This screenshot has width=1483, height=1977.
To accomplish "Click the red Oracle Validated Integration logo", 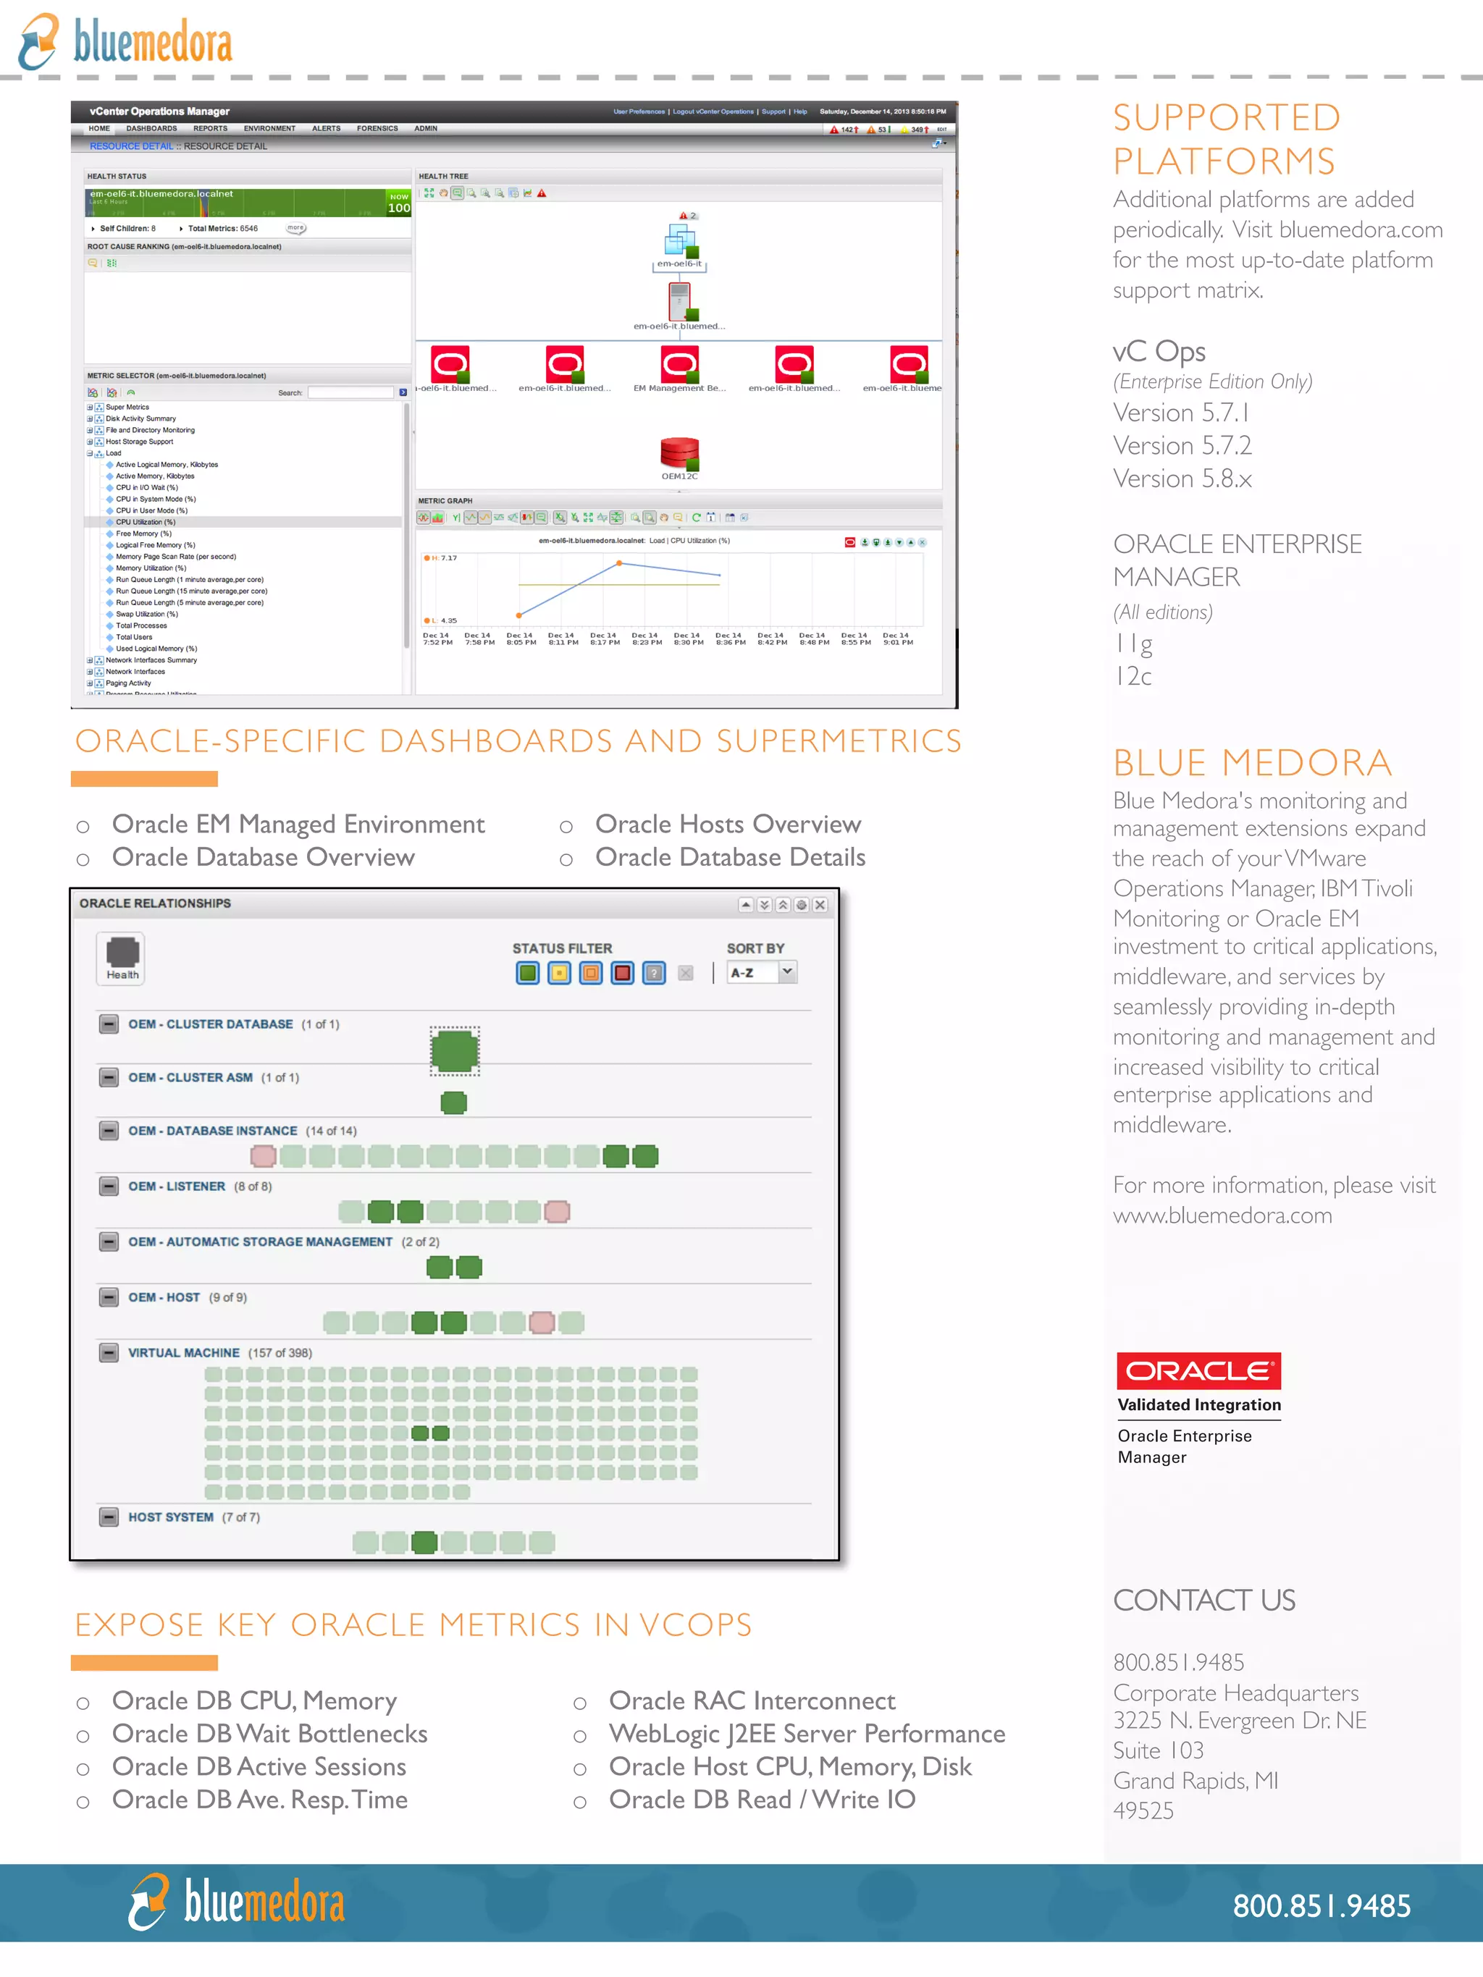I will pyautogui.click(x=1198, y=1370).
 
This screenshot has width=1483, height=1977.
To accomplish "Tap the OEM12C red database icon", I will pyautogui.click(x=679, y=453).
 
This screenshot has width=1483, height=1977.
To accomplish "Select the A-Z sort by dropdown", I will pyautogui.click(x=762, y=972).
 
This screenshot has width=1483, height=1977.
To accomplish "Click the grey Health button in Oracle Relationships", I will pyautogui.click(x=122, y=958).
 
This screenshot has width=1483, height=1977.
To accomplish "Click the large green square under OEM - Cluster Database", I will pyautogui.click(x=454, y=1050).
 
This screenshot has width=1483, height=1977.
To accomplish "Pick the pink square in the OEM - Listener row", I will pyautogui.click(x=557, y=1212).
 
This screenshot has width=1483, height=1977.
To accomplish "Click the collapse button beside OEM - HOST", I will pyautogui.click(x=109, y=1297).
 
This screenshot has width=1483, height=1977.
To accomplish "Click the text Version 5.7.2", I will pyautogui.click(x=1182, y=445).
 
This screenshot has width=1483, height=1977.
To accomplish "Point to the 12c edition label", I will pyautogui.click(x=1133, y=675).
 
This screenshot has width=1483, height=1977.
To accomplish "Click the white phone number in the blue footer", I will pyautogui.click(x=1322, y=1905).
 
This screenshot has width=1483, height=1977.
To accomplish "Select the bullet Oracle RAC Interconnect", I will pyautogui.click(x=751, y=1700).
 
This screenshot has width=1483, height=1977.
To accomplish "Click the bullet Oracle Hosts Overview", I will pyautogui.click(x=728, y=823).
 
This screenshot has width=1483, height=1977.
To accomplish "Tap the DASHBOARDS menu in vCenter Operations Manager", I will pyautogui.click(x=151, y=129).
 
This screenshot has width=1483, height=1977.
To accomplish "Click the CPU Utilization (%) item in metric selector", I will pyautogui.click(x=145, y=522).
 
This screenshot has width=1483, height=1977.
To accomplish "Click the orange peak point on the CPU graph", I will pyautogui.click(x=618, y=563).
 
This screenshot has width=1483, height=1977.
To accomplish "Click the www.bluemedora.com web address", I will pyautogui.click(x=1222, y=1215).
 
